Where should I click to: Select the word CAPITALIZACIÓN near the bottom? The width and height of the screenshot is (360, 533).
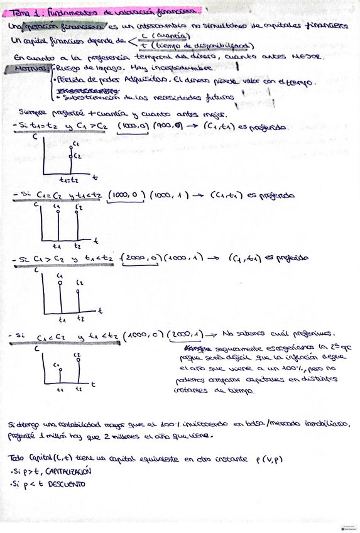65,471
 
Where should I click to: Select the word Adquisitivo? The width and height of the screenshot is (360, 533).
148,82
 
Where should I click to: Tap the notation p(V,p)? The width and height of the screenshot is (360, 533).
270,458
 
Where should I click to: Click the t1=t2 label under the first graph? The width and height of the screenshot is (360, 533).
69,179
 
